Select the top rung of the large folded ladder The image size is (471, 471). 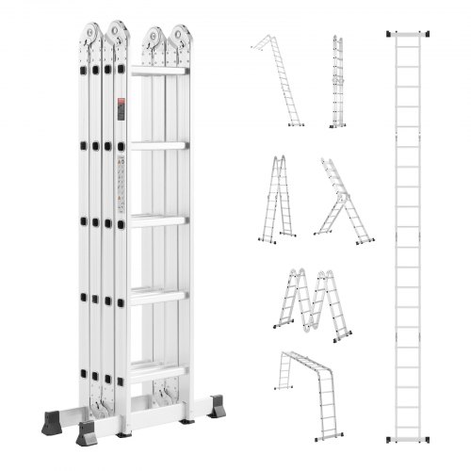click(x=158, y=72)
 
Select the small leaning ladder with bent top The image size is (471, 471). click(x=278, y=80)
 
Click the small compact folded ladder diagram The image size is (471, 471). click(x=336, y=82)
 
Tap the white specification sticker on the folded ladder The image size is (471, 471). click(x=121, y=184)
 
